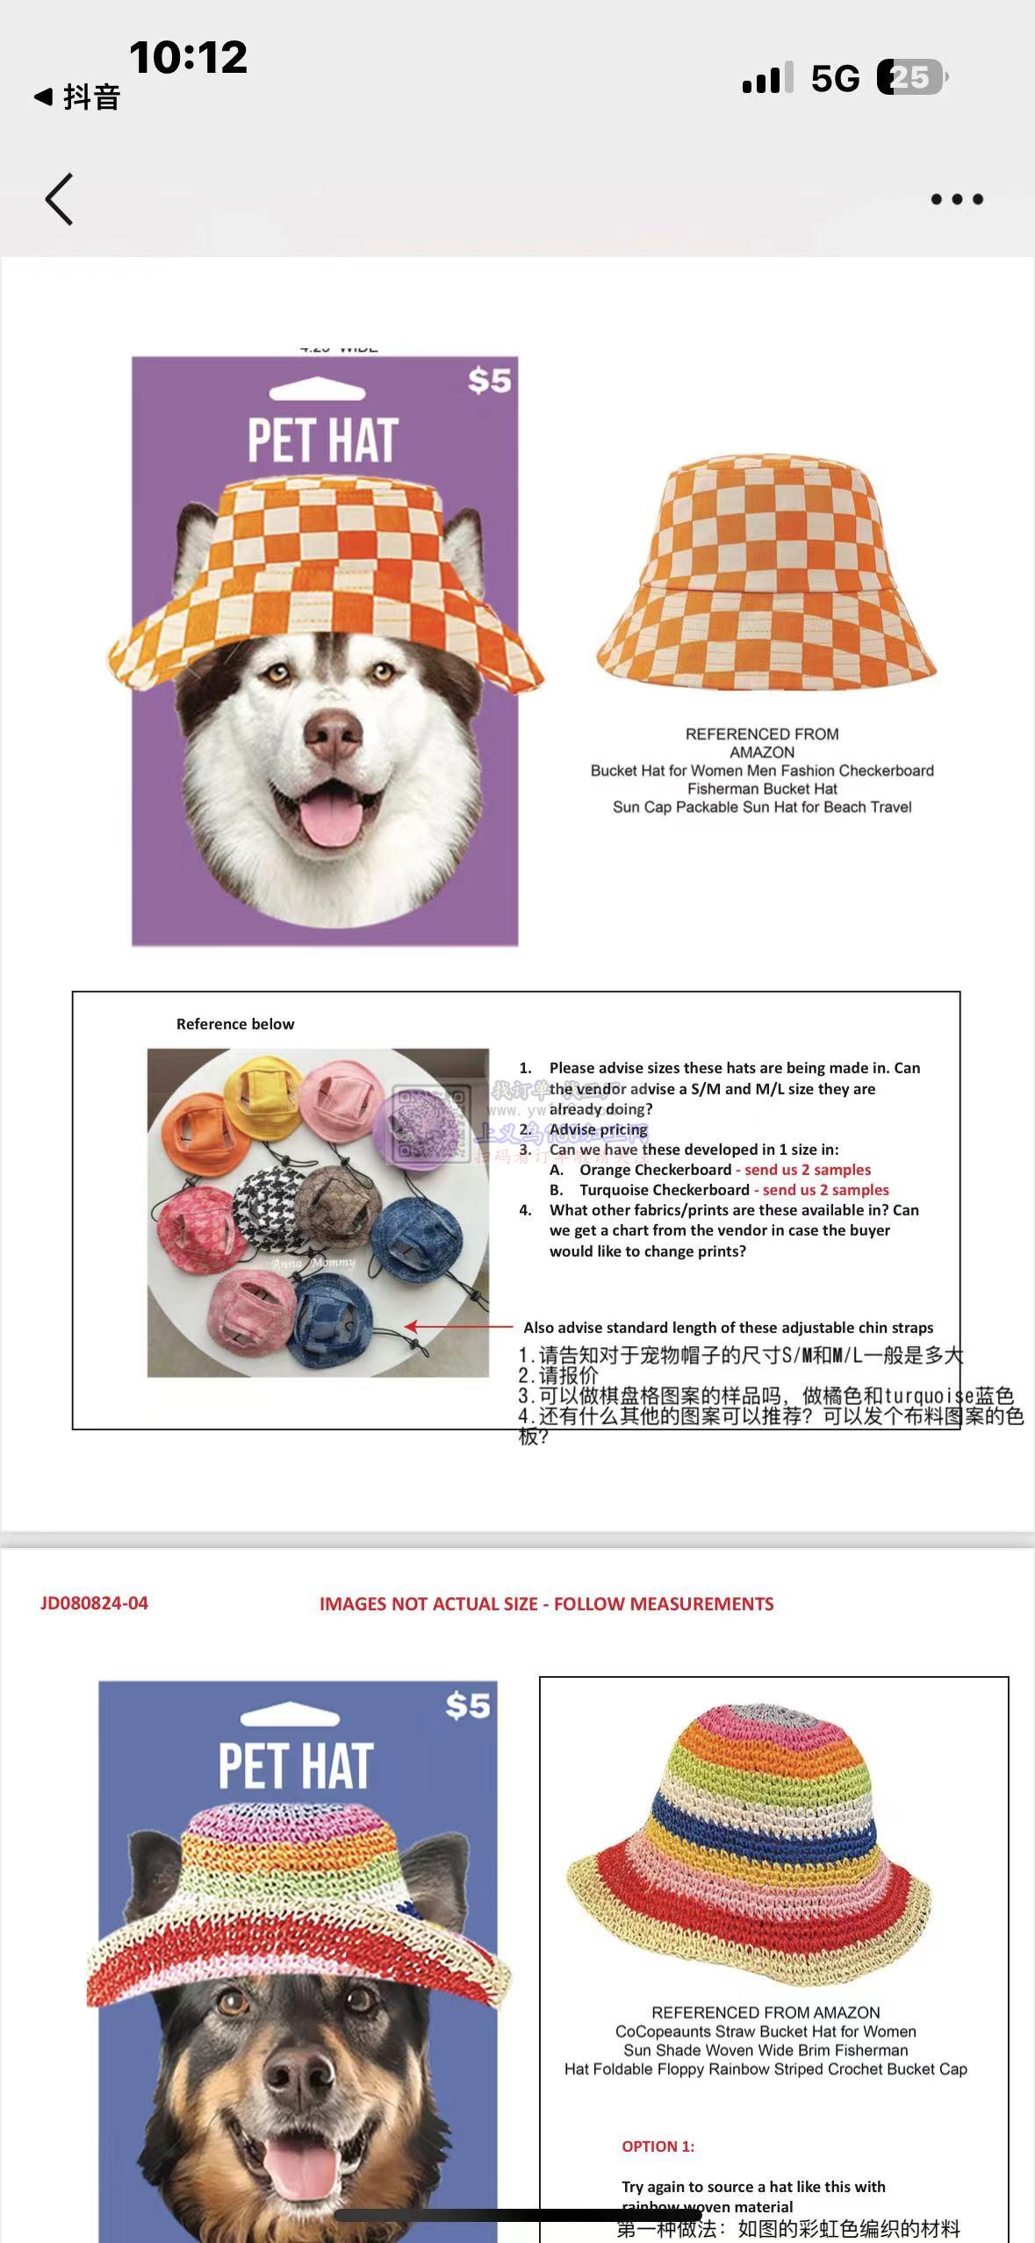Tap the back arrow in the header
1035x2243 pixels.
pos(59,199)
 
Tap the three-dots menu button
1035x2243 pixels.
pos(956,199)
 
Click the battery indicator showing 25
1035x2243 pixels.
pos(912,77)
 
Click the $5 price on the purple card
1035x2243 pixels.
pos(489,380)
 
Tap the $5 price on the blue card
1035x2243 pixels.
pos(467,1705)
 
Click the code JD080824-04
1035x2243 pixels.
pos(94,1603)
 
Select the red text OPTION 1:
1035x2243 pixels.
pos(658,2146)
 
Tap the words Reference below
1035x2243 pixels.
pos(235,1024)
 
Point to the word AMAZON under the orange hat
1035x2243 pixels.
pos(762,752)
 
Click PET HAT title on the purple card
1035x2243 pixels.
pos(323,440)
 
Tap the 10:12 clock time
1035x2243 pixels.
pos(188,58)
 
